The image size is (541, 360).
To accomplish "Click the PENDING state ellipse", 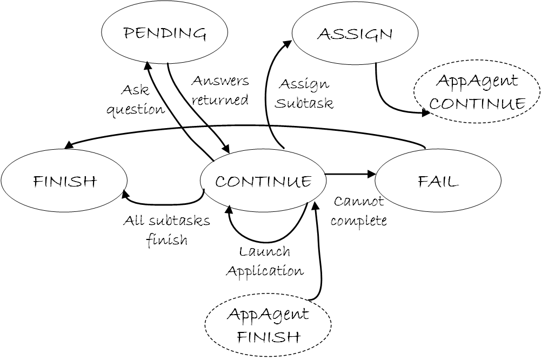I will point(165,34).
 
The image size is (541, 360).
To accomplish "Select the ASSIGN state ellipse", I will point(355,34).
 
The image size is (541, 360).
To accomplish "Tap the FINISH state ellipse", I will point(64,181).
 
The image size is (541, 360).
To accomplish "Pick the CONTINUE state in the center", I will point(263,181).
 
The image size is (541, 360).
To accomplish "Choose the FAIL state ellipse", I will point(438,181).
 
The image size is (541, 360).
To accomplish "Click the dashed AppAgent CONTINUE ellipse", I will point(477,92).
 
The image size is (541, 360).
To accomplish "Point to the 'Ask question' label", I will point(135,99).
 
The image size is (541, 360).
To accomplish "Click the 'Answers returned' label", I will point(220,90).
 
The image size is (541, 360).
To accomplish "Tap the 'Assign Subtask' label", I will point(304,94).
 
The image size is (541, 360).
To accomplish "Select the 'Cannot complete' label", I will point(359,211).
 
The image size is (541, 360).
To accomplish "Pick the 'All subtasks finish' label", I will point(166,230).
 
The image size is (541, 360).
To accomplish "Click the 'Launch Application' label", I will point(264,261).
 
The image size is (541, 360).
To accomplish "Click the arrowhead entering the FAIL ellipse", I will point(371,174).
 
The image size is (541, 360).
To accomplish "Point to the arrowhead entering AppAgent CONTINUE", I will point(426,114).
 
